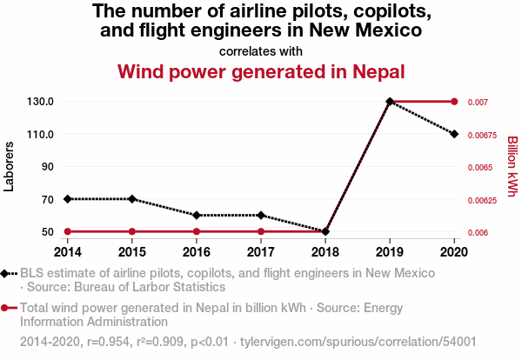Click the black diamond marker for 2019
pos(390,101)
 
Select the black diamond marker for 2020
pos(454,134)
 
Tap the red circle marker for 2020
pos(454,102)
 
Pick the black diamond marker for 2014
pos(68,199)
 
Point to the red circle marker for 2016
pos(197,231)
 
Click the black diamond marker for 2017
pos(261,216)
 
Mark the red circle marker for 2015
pos(132,231)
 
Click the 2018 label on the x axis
pos(325,252)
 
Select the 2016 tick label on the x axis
pos(197,252)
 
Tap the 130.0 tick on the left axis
pos(40,102)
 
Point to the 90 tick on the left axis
pos(48,166)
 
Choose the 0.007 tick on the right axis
pos(478,102)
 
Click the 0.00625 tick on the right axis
pos(482,200)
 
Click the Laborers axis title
pos(9,166)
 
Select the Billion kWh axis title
pos(512,166)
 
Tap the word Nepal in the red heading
pos(378,71)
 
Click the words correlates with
pos(261,51)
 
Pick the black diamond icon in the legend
pos(4,274)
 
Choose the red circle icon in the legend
pos(4,308)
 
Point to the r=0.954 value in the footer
pos(108,342)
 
